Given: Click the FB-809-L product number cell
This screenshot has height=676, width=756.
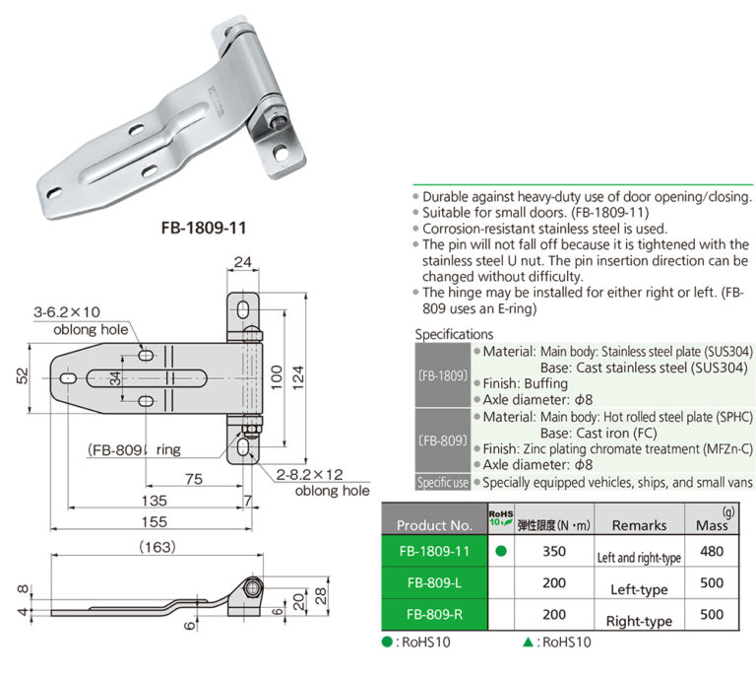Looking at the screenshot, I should [x=433, y=583].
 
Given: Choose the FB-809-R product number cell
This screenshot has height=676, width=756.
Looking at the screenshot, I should [x=433, y=614].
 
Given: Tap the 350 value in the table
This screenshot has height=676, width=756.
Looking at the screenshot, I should [x=554, y=552].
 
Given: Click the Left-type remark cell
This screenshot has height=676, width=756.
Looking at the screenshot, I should [x=639, y=589].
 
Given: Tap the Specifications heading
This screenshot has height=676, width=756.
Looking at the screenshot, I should [x=454, y=334].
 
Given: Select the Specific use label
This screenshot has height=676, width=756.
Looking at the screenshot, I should [x=442, y=482].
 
